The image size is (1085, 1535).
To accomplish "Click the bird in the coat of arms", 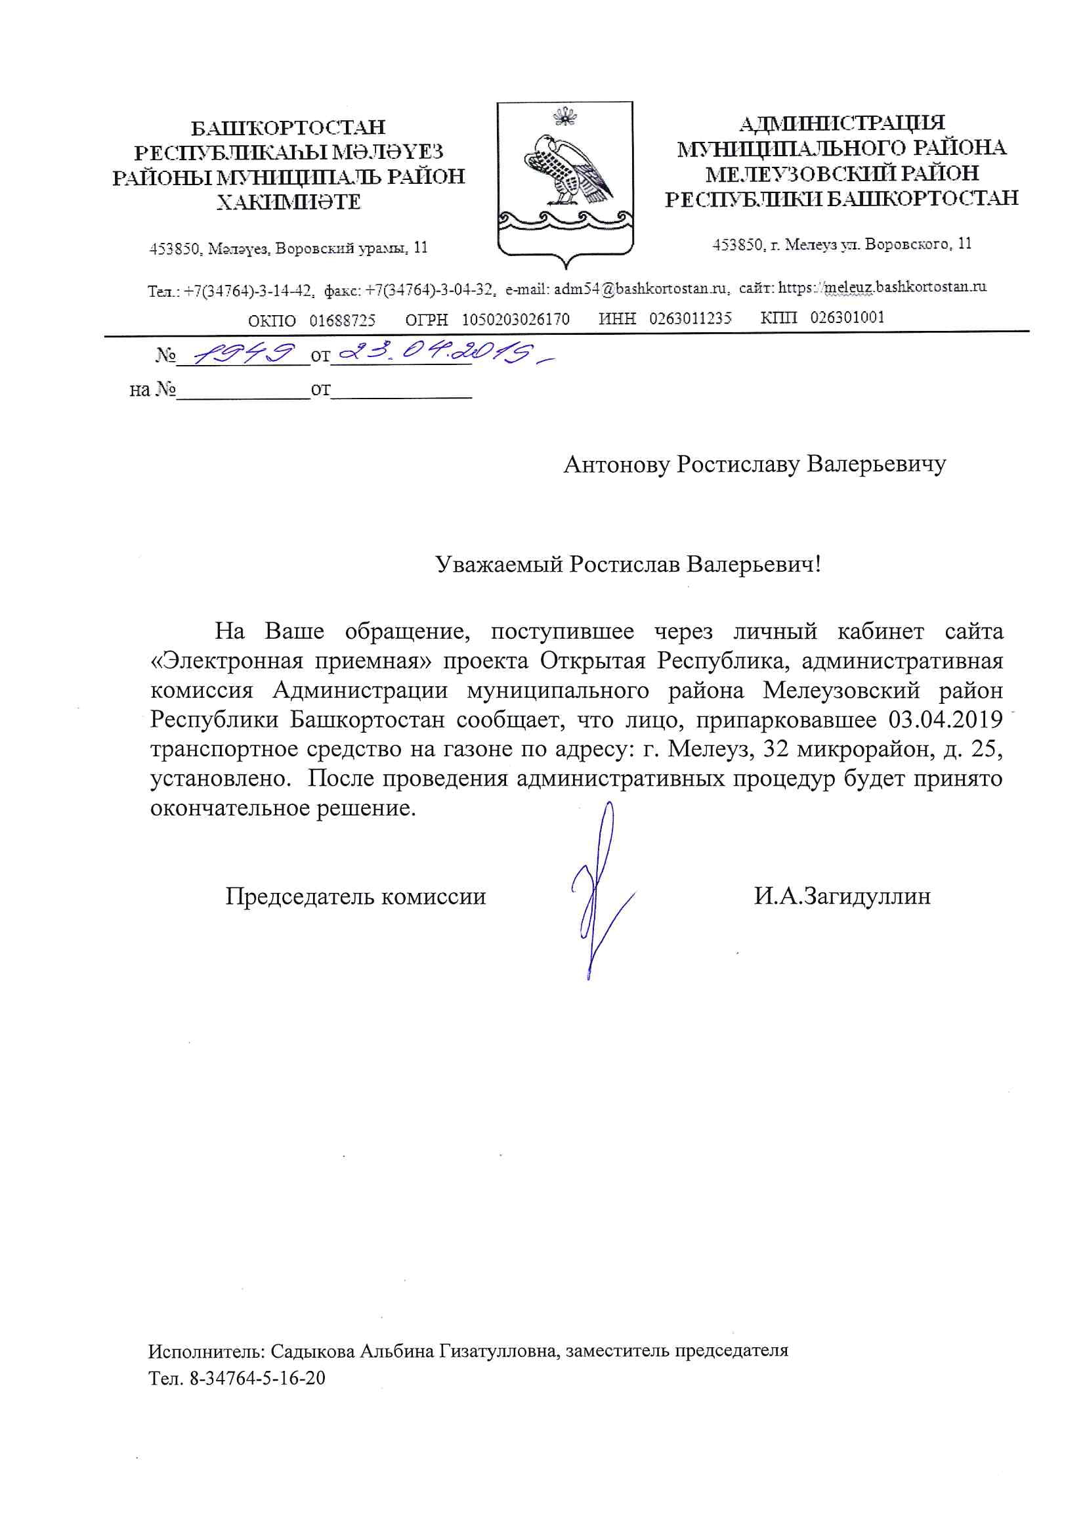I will (567, 171).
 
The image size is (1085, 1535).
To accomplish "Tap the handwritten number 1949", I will (245, 353).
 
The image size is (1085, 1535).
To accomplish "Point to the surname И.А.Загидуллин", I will (841, 896).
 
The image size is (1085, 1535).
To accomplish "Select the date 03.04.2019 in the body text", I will (945, 720).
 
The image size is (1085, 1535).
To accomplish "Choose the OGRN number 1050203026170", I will (515, 320).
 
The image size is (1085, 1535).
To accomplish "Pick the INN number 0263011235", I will (690, 318).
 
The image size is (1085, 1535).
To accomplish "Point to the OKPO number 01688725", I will (342, 320).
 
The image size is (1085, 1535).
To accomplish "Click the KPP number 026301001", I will (847, 318).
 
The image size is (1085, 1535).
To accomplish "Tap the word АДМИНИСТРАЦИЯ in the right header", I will (841, 123).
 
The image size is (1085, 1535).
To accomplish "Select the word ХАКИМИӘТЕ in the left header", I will (288, 202).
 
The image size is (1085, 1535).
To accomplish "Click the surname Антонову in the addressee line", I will (616, 464).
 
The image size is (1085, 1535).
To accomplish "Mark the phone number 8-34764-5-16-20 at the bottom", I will (257, 1379).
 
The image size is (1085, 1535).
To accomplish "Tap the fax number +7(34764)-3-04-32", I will (429, 290).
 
